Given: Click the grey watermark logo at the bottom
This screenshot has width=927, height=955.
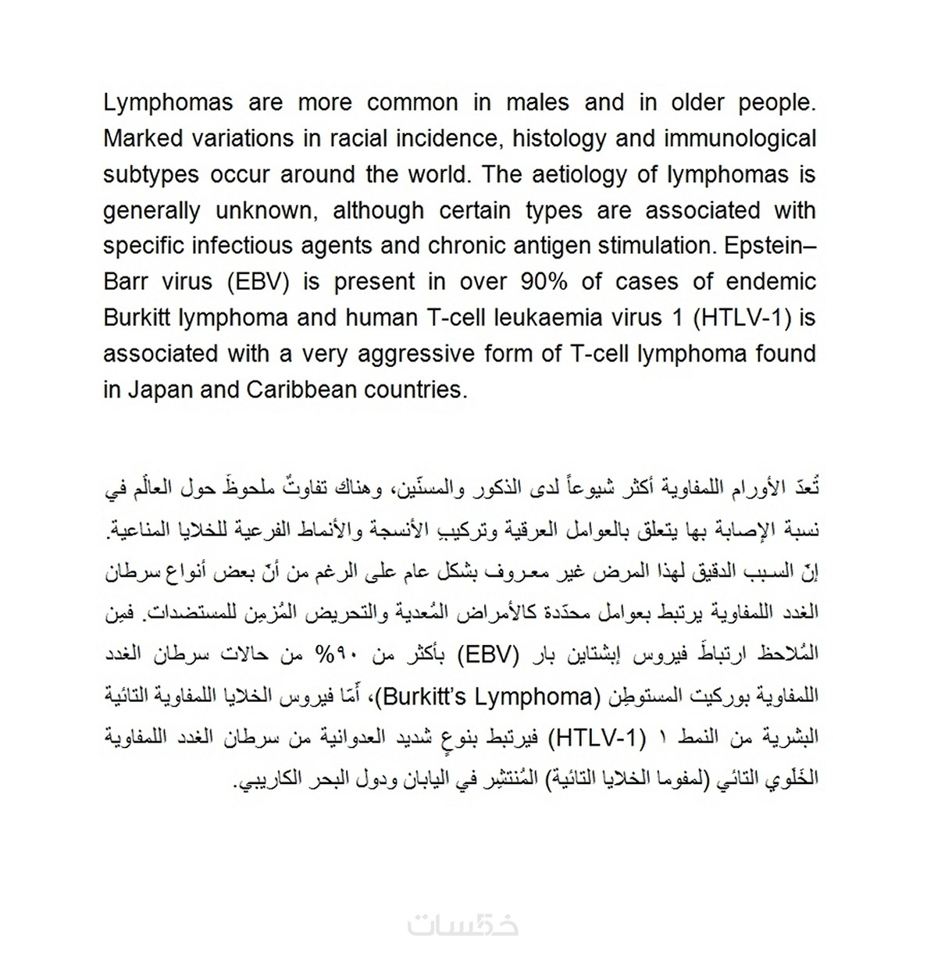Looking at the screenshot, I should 463,925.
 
